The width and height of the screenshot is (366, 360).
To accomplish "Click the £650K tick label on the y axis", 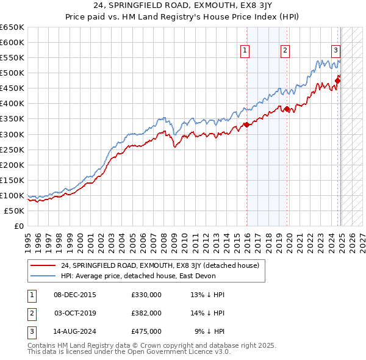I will point(12,27).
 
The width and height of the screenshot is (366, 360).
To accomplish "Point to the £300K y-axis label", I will point(12,134).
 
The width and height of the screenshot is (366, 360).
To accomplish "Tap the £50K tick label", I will point(15,211).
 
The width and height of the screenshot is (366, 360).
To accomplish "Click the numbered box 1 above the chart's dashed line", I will point(245,51).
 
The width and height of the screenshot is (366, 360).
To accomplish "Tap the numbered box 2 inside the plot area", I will point(285,51).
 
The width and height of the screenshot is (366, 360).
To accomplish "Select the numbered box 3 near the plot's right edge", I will point(335,51).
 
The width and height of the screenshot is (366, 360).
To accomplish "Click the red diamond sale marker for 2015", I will point(246,125).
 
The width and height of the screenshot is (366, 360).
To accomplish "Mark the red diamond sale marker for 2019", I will point(287,109).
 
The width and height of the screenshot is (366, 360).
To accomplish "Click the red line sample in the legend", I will point(43,265).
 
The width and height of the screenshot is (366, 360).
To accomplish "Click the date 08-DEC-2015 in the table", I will point(75,295).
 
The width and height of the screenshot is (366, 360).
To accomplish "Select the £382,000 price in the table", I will point(146,313).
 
